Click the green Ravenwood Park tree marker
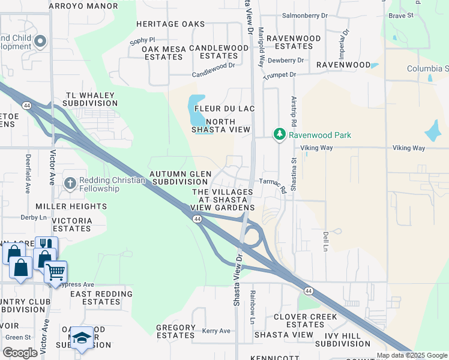tap(279, 134)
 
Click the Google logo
tap(20, 352)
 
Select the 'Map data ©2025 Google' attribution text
tap(411, 355)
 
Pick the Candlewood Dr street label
tap(213, 73)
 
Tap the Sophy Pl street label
tap(142, 41)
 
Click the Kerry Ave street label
tap(216, 331)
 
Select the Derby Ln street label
tap(33, 217)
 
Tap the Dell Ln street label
tap(326, 241)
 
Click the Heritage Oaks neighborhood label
tap(170, 24)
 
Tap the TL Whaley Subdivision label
tap(92, 99)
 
